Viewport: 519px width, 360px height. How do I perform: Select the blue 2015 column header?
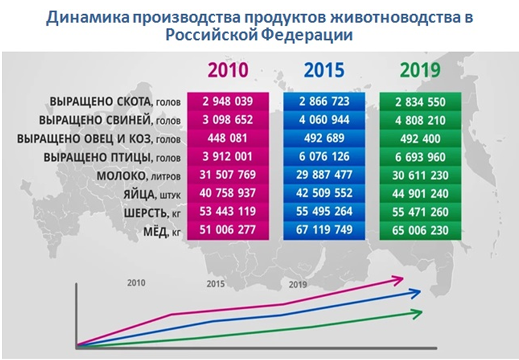[x=325, y=69]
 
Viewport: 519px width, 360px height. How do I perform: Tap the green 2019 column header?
[x=420, y=69]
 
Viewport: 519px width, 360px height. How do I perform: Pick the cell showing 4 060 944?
[x=325, y=120]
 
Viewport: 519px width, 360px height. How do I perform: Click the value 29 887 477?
[x=325, y=175]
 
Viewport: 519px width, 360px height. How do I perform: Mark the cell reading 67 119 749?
[x=325, y=230]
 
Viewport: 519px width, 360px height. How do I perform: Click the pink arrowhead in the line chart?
[x=398, y=278]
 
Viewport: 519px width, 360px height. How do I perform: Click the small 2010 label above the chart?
[x=136, y=282]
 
